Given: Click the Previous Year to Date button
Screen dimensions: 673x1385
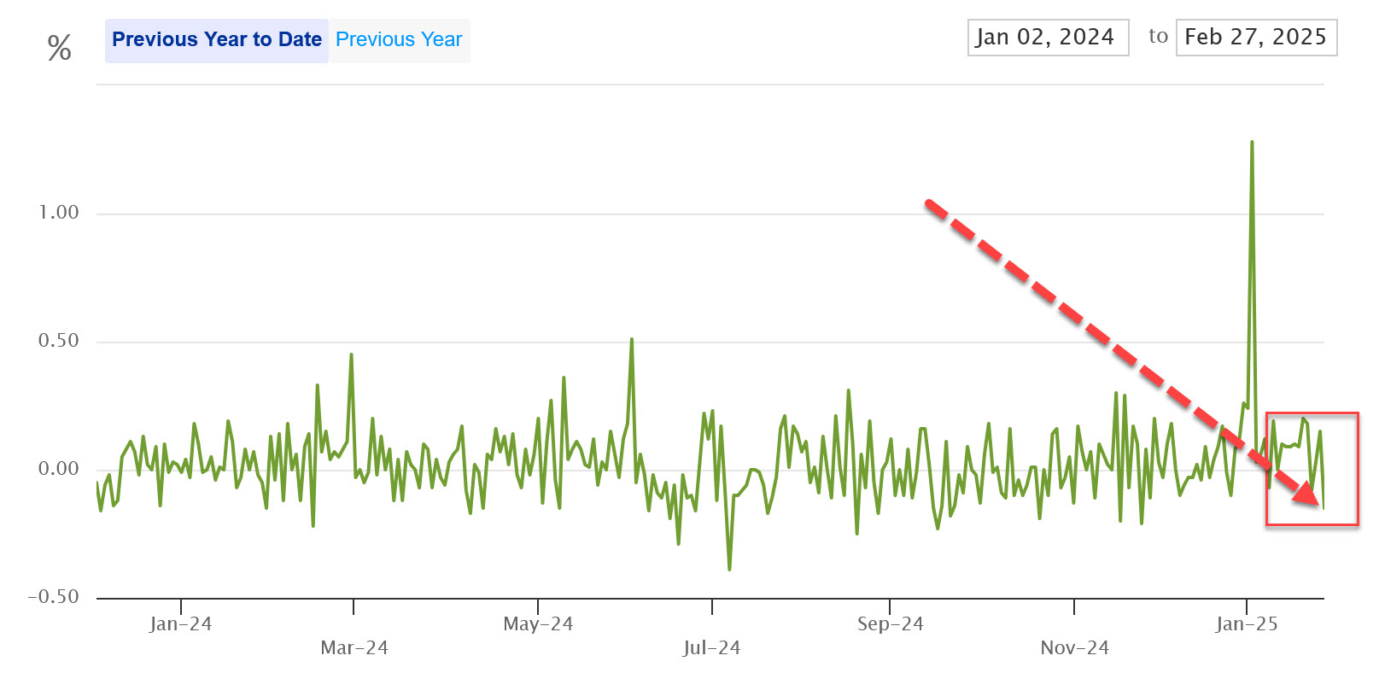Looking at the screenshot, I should (216, 40).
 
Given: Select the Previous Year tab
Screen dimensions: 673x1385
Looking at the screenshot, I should (399, 40).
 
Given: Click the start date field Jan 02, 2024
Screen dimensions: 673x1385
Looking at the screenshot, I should (1048, 38).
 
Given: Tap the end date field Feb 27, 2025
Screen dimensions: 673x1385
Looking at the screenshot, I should (1255, 38).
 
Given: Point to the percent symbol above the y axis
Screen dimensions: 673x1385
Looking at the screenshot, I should (59, 48).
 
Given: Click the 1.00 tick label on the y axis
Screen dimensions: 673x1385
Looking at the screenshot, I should (59, 213).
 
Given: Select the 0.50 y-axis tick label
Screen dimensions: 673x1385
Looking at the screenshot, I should (59, 341).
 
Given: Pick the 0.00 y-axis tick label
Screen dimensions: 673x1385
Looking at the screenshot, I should (59, 469).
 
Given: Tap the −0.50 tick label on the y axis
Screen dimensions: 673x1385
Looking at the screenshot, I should (53, 597).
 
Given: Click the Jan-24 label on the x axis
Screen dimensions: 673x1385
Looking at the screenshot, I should (180, 624).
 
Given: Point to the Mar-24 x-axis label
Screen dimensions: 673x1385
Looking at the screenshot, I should (354, 648).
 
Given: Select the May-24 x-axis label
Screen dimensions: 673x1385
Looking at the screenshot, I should (538, 624).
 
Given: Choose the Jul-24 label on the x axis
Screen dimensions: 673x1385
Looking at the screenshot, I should (711, 648).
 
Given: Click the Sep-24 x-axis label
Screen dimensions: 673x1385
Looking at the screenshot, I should (890, 624).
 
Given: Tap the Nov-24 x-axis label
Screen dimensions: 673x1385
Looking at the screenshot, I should (1074, 648).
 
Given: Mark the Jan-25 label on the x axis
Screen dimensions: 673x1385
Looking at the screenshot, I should (1247, 624).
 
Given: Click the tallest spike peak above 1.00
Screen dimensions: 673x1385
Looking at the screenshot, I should (1252, 143).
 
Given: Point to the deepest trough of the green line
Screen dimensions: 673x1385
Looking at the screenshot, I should (729, 568).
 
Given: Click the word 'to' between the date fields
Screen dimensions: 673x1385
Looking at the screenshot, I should (1158, 36).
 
